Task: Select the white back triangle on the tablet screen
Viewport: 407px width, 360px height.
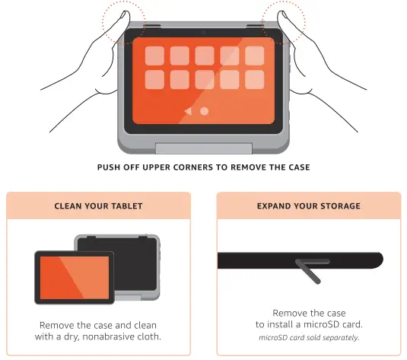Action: [x=188, y=111]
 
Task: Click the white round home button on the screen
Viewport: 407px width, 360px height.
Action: [x=204, y=111]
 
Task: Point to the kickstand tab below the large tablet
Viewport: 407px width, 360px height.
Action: [x=203, y=149]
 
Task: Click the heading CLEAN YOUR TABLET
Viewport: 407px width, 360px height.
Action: [x=98, y=205]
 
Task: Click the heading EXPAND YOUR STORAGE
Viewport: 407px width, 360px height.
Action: [x=308, y=205]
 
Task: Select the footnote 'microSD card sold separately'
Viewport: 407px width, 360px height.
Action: [x=308, y=337]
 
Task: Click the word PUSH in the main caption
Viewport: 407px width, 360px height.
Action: [x=110, y=167]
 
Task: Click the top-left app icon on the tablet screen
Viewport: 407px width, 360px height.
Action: [x=155, y=56]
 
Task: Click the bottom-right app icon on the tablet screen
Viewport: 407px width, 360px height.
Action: [x=253, y=80]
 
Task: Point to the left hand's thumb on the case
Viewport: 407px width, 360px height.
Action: [x=116, y=27]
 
